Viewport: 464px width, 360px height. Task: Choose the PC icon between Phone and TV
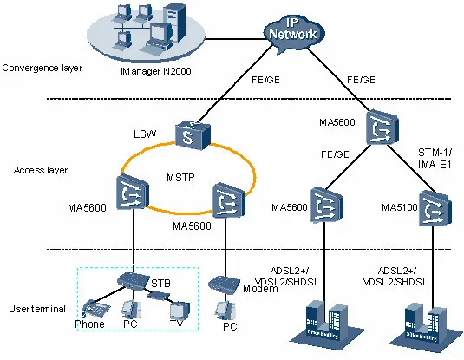coord(129,309)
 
